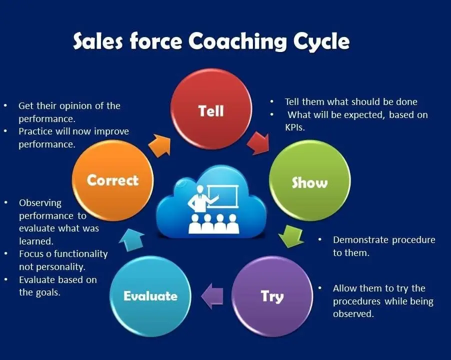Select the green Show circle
(x=310, y=180)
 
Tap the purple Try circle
(x=272, y=296)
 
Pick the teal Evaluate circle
(x=150, y=296)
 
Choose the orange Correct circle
(x=113, y=180)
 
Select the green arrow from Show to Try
(x=291, y=236)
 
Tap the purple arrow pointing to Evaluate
(x=212, y=296)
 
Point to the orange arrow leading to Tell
(x=159, y=145)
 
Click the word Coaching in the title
(x=237, y=41)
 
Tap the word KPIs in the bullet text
(x=295, y=127)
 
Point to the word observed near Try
(x=353, y=313)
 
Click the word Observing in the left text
(x=40, y=203)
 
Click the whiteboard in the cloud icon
(x=222, y=196)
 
